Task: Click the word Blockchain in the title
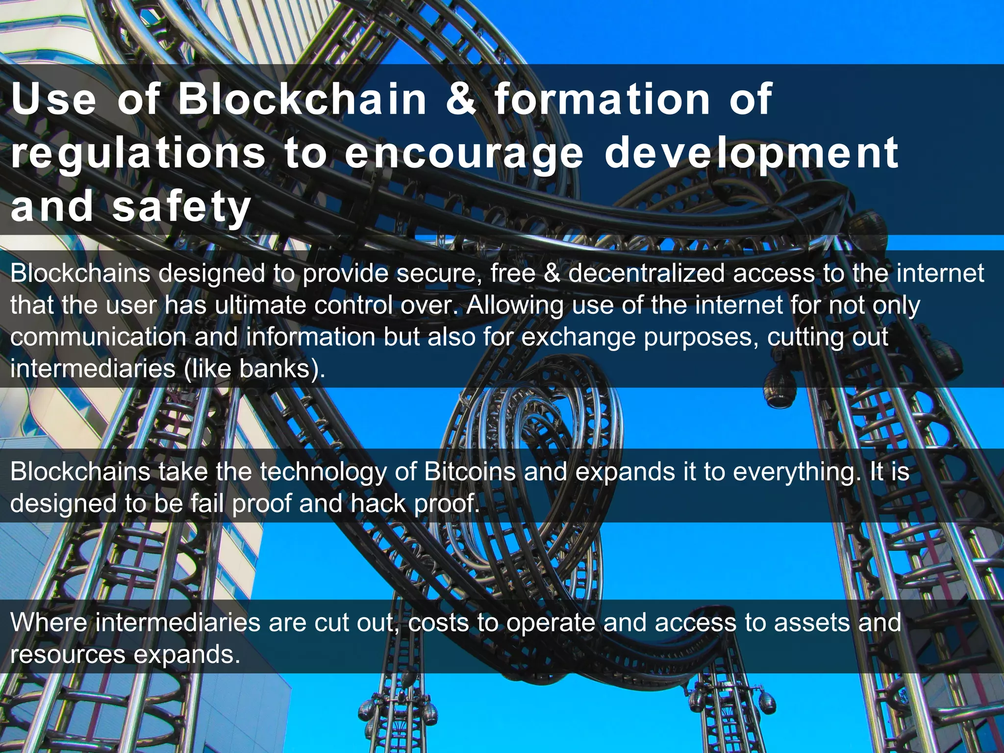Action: point(302,100)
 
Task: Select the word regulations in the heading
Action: point(138,154)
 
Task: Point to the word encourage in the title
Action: point(464,154)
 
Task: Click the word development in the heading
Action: point(752,154)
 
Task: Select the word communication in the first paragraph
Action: point(98,337)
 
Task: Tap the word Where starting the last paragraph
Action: point(49,623)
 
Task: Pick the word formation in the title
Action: point(602,100)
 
